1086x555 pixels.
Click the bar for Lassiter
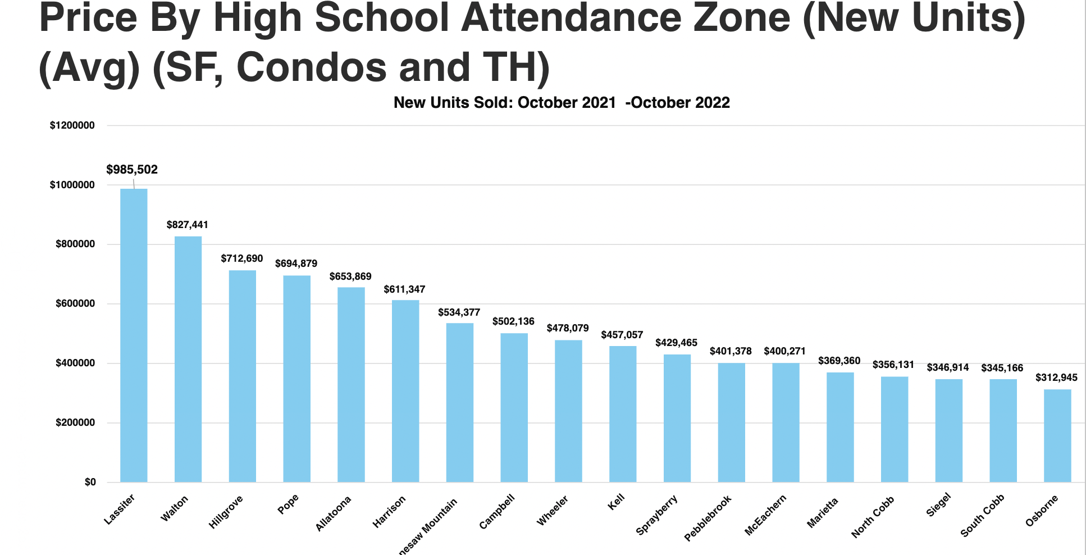tap(134, 335)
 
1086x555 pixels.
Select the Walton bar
tap(188, 359)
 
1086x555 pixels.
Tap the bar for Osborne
tap(1057, 435)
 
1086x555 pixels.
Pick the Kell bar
tap(623, 414)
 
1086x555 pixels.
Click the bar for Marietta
tap(840, 427)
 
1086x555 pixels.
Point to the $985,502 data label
tap(132, 170)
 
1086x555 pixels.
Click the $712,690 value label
tap(241, 258)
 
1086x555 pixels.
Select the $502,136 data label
tap(513, 321)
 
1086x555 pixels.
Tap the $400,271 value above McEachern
tap(784, 351)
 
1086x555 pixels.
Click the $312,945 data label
tap(1056, 377)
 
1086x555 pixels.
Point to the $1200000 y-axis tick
tap(72, 125)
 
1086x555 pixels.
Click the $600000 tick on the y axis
tap(75, 304)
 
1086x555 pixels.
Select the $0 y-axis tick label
tap(90, 482)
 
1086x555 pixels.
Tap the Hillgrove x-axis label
tap(226, 512)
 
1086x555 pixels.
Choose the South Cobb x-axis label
tap(982, 516)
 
